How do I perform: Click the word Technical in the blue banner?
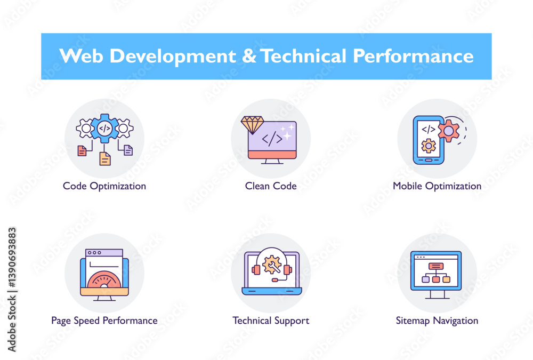click(x=304, y=56)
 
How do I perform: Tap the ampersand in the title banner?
click(x=249, y=56)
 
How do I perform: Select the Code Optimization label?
click(x=104, y=186)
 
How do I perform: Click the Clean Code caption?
click(x=271, y=186)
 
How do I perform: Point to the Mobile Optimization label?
click(x=437, y=186)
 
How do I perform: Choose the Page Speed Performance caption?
click(x=104, y=321)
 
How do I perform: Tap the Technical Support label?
click(x=271, y=321)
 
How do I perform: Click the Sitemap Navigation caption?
click(x=437, y=321)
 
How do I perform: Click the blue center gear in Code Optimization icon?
click(x=104, y=129)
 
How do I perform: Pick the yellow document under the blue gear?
click(x=105, y=158)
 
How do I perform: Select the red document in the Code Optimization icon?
click(x=82, y=150)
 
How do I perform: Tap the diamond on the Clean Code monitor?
click(x=252, y=125)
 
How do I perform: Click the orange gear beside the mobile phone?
click(x=449, y=131)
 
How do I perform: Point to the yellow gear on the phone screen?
click(x=429, y=146)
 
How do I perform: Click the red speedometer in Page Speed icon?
click(x=104, y=279)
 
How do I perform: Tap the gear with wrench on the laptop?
click(x=272, y=265)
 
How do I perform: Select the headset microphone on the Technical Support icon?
click(x=274, y=280)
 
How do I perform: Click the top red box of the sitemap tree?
click(x=436, y=266)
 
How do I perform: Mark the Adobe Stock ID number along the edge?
click(x=12, y=258)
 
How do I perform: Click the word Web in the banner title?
click(x=81, y=56)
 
